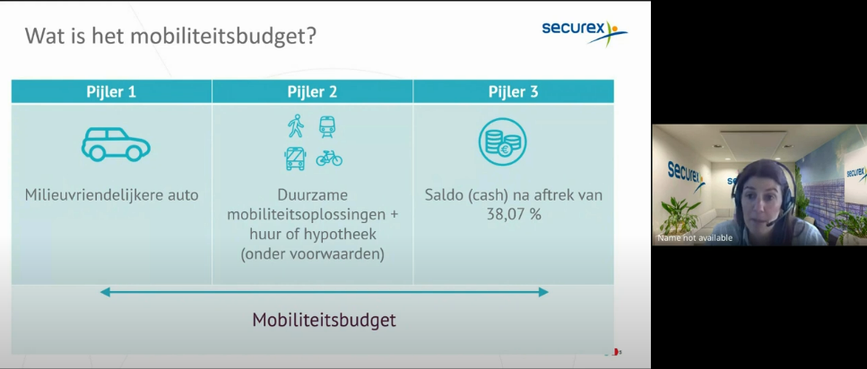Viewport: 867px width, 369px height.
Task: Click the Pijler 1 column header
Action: click(x=111, y=91)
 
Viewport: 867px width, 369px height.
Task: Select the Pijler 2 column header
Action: click(x=312, y=91)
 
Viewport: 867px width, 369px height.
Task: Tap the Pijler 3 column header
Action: click(x=513, y=91)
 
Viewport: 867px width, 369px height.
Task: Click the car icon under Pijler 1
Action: click(x=116, y=144)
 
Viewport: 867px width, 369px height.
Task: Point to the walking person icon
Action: click(x=296, y=126)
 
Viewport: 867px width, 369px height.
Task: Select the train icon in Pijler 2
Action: click(x=326, y=126)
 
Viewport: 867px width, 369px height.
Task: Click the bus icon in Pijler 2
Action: click(x=295, y=159)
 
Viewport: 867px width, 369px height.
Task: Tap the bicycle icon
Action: click(x=329, y=159)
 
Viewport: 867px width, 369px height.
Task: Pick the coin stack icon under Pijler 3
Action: click(x=503, y=142)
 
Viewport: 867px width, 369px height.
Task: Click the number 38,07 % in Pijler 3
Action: click(x=514, y=214)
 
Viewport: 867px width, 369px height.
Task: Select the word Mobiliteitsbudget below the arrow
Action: click(x=324, y=320)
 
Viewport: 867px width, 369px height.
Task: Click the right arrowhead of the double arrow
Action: click(x=543, y=292)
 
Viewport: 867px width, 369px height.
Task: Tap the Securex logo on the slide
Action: click(x=585, y=32)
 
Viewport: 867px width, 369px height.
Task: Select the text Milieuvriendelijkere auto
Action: click(x=112, y=195)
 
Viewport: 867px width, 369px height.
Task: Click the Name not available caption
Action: click(x=695, y=238)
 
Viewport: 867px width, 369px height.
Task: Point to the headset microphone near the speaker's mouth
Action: click(x=769, y=224)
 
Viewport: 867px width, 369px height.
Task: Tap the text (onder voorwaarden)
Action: click(x=312, y=254)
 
